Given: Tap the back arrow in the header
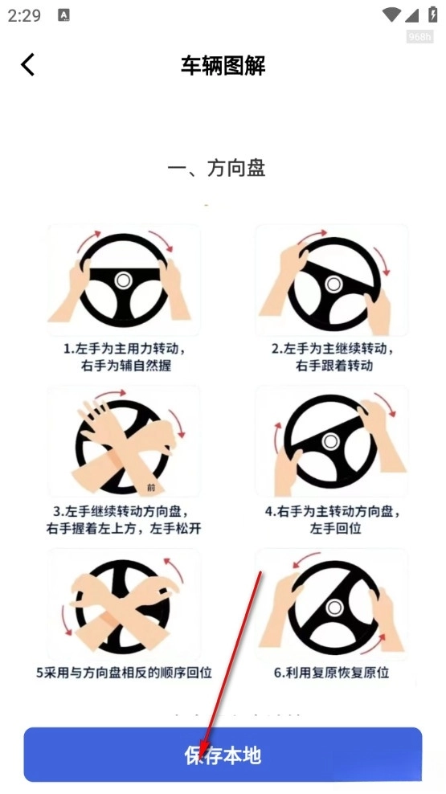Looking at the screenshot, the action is pyautogui.click(x=28, y=65).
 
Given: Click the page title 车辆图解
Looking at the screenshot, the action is pyautogui.click(x=223, y=66).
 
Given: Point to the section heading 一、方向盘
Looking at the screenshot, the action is pyautogui.click(x=217, y=169).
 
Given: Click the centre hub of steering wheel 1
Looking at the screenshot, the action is pyautogui.click(x=123, y=280).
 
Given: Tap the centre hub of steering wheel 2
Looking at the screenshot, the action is pyautogui.click(x=333, y=284).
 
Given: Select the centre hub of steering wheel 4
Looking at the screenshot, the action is pyautogui.click(x=330, y=441).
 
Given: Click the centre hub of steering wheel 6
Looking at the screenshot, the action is pyautogui.click(x=334, y=606).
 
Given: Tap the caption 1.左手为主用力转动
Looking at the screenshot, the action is pyautogui.click(x=124, y=349).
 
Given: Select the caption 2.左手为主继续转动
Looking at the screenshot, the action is pyautogui.click(x=333, y=349).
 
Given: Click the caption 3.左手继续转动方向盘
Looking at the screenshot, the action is pyautogui.click(x=124, y=511).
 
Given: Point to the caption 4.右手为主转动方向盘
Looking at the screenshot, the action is pyautogui.click(x=333, y=511).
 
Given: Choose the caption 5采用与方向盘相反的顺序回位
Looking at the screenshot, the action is pyautogui.click(x=124, y=673).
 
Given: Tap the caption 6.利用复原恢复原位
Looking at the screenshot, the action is pyautogui.click(x=332, y=673).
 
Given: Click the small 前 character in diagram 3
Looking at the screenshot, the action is pyautogui.click(x=151, y=488).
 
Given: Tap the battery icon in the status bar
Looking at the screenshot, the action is pyautogui.click(x=433, y=14).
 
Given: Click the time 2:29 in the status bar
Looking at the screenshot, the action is pyautogui.click(x=24, y=16).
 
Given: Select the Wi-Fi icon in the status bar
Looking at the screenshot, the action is pyautogui.click(x=391, y=14).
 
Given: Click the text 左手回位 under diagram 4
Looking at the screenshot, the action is pyautogui.click(x=335, y=529).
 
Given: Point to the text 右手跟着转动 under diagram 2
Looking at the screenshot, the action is pyautogui.click(x=334, y=366).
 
